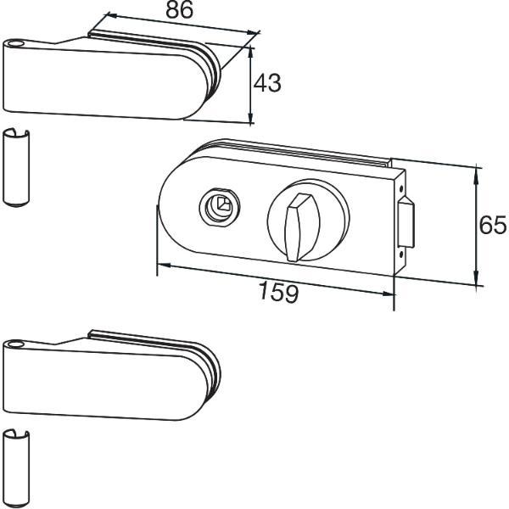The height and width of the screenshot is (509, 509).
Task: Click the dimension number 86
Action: click(x=179, y=9)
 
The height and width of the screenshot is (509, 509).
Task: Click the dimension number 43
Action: click(x=267, y=83)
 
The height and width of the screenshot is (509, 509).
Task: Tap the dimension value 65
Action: click(x=492, y=225)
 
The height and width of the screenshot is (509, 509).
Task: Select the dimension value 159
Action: click(x=278, y=292)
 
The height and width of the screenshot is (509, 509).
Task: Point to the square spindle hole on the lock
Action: click(x=222, y=204)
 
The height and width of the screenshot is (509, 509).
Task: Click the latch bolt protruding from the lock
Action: click(x=406, y=222)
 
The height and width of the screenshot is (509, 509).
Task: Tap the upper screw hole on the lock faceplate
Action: click(x=401, y=188)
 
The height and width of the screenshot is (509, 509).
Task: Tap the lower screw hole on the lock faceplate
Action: click(x=401, y=255)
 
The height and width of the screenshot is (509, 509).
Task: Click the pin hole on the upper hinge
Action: click(x=14, y=43)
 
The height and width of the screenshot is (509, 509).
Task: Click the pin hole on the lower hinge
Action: click(x=14, y=344)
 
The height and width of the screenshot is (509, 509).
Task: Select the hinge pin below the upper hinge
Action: click(x=16, y=167)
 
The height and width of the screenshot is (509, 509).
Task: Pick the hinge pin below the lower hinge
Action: click(x=16, y=469)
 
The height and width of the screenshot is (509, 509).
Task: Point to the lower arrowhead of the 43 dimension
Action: click(x=250, y=118)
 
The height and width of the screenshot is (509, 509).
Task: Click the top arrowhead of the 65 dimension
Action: click(x=476, y=174)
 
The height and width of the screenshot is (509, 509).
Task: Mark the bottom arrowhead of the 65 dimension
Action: click(x=476, y=278)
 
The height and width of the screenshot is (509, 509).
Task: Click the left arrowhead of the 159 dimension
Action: click(x=164, y=266)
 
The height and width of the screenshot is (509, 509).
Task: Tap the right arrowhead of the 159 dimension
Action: click(x=388, y=294)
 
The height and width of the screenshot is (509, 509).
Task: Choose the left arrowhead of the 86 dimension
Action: click(x=113, y=15)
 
